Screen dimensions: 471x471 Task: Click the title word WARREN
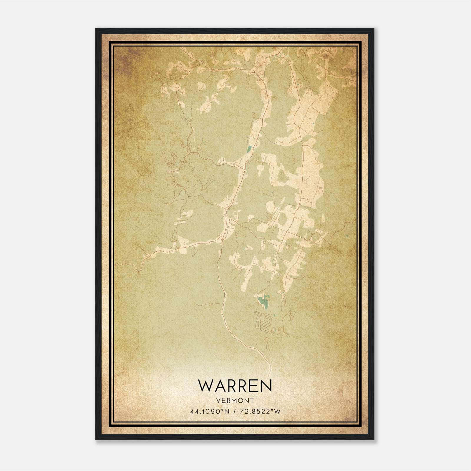(x=235, y=385)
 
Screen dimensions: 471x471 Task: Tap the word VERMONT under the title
(x=235, y=400)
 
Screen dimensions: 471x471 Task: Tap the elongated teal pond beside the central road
(x=249, y=149)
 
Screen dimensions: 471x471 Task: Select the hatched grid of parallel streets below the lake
(x=265, y=321)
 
